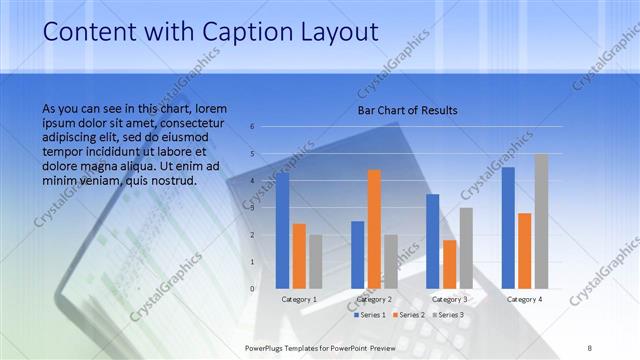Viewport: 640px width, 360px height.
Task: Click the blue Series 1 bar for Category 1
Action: pos(282,231)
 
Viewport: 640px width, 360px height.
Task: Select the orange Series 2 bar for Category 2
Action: pos(374,229)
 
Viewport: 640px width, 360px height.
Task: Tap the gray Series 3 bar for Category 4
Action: pos(541,221)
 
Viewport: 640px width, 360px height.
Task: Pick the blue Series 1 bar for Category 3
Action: pos(433,241)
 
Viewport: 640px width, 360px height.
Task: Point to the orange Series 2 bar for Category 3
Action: pos(450,264)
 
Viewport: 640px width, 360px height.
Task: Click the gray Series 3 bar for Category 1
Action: pos(316,262)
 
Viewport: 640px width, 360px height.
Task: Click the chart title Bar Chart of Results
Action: pos(407,110)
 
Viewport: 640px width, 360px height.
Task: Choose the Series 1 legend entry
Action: pos(369,315)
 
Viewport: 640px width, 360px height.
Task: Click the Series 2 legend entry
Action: pos(408,315)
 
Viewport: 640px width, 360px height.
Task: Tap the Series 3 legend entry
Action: pos(446,315)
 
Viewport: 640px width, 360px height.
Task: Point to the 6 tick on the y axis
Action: pos(253,127)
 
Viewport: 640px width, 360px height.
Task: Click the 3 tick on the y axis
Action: pos(253,208)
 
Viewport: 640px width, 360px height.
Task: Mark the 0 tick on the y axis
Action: pos(253,289)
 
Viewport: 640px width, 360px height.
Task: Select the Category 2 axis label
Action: pos(375,299)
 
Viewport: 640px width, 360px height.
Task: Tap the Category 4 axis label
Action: pos(525,299)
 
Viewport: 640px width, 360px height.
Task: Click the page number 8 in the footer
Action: pos(590,347)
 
